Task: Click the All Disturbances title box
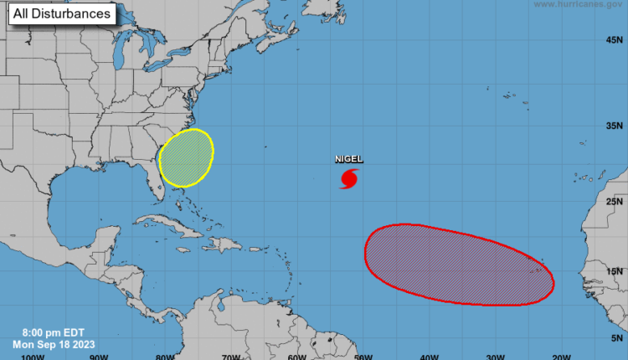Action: [x=62, y=14]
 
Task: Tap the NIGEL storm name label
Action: [x=348, y=159]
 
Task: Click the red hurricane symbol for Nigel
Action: [x=349, y=178]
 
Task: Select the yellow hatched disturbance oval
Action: [x=185, y=157]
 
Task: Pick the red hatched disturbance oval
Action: [x=459, y=262]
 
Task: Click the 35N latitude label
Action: [x=614, y=126]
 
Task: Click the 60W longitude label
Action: [x=296, y=356]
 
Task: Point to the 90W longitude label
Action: [x=99, y=356]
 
